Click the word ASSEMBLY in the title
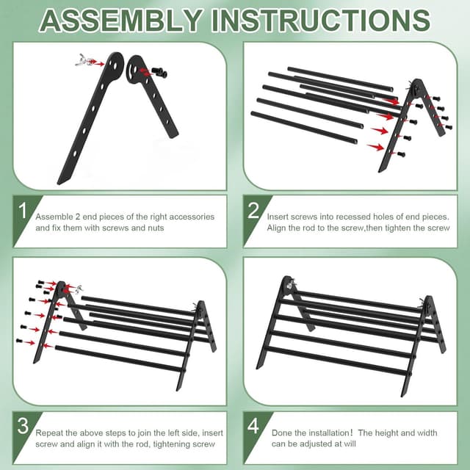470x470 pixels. coord(121,20)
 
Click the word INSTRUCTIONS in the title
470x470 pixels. coord(321,20)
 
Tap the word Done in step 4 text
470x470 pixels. coord(282,433)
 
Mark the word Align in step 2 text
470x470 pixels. coord(279,228)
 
